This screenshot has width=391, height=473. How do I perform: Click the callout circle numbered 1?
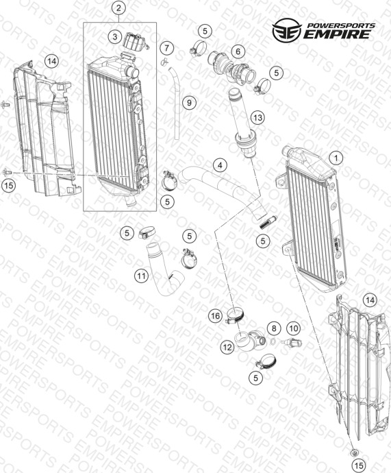coord(336,158)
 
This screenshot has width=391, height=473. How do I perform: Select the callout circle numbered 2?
coord(118,8)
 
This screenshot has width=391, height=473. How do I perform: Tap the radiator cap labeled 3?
coord(136,40)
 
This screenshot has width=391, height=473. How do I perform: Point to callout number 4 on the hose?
coord(220,165)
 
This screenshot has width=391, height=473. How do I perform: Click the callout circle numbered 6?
coord(238,51)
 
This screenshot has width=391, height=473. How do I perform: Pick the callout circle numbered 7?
coord(167,48)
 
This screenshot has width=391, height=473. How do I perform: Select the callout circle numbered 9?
coord(189,103)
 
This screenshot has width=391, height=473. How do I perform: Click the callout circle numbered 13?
coord(258,117)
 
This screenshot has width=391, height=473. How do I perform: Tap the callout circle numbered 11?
coord(142,276)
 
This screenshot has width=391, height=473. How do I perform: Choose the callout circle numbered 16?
coord(216,316)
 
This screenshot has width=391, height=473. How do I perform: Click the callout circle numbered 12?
coord(227,347)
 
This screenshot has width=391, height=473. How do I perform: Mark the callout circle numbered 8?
coord(274,328)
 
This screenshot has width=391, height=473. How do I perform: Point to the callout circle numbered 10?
coord(293,328)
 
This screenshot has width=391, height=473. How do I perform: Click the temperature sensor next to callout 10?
coord(291,343)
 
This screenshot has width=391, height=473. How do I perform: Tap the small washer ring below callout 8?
coord(273,341)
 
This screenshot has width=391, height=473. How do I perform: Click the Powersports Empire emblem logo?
coord(286,30)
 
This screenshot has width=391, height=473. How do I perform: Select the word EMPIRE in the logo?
coord(336,34)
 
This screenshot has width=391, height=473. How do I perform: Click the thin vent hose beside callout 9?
coord(175,104)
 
